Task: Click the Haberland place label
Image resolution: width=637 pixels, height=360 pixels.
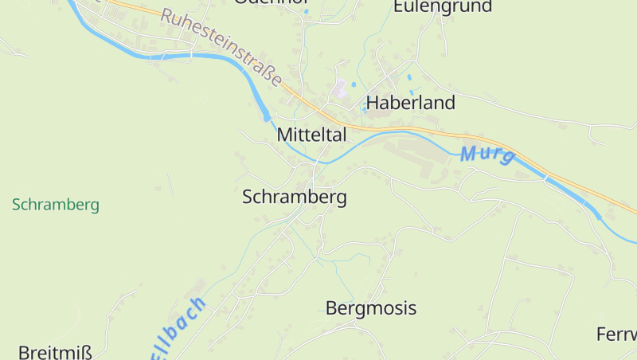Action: coord(410,103)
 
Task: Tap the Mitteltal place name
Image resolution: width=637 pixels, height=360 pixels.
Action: coord(311,135)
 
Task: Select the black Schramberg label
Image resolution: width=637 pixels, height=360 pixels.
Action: coord(294,197)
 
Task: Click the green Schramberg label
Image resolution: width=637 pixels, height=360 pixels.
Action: coord(56,205)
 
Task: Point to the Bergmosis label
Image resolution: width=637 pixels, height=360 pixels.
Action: coord(371,308)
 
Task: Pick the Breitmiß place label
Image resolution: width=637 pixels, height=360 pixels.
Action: coord(55,352)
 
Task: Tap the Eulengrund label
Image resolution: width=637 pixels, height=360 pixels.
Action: coord(443,7)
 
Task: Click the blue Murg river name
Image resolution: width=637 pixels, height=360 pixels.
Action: coord(487,154)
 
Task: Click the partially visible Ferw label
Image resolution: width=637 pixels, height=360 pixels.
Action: coord(617,335)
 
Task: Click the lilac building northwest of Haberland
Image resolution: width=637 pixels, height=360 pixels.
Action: coord(341,90)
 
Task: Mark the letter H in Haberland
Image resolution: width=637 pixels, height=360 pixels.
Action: coord(372,103)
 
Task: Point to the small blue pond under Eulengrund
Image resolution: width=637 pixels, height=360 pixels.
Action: coord(410,79)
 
